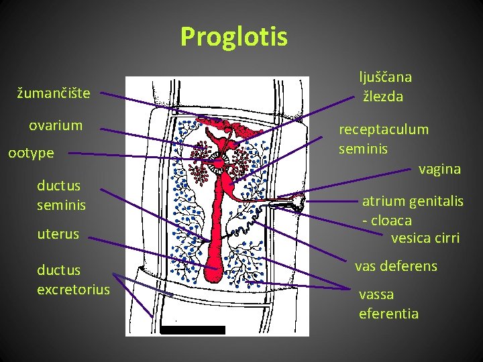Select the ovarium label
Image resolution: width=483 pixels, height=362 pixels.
coord(56,125)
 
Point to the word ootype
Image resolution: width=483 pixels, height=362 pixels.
coord(31,154)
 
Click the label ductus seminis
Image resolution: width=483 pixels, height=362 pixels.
coord(61,195)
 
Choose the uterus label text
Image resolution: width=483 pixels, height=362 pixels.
coord(58,234)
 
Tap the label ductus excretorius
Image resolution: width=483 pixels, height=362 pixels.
coord(73,280)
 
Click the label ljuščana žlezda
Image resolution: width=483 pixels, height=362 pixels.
coord(385,86)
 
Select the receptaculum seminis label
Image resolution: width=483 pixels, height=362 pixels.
coord(383,139)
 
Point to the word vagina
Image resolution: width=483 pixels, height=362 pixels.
coord(439,169)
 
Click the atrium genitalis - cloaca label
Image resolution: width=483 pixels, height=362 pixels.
coord(412,210)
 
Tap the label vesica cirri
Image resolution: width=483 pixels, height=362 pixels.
coord(425,237)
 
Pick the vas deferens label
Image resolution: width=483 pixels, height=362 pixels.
coord(396,266)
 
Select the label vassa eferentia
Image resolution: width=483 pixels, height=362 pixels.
coord(388,304)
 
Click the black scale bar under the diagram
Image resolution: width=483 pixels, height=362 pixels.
coord(193,330)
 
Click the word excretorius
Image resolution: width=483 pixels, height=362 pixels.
coord(73,290)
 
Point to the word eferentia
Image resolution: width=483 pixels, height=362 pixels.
coord(388,313)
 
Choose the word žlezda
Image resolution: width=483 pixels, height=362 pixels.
coord(383,97)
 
